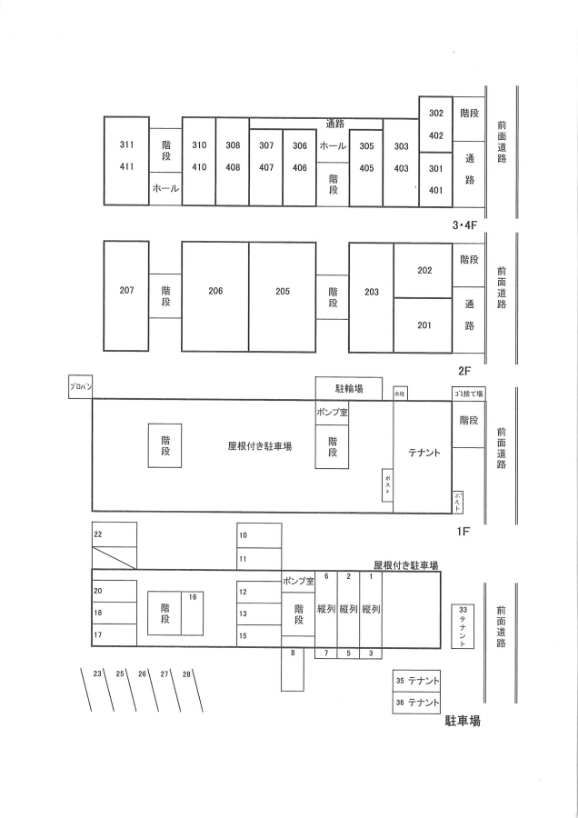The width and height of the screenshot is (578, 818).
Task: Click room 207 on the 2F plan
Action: (x=126, y=291)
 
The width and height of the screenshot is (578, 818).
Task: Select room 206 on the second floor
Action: (x=215, y=292)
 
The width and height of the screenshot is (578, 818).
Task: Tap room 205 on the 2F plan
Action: (x=283, y=292)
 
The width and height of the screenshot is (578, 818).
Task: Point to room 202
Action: (x=424, y=271)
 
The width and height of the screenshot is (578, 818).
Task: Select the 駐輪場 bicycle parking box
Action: (x=349, y=388)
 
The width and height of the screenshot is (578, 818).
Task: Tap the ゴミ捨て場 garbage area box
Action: (x=469, y=394)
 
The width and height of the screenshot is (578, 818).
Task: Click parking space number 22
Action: (x=98, y=535)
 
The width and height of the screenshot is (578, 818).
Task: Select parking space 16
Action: (x=193, y=597)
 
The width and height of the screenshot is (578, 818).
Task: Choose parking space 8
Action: (x=293, y=653)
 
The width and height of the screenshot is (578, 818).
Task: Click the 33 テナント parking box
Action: (x=463, y=626)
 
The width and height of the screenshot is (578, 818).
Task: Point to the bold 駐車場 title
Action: (x=462, y=723)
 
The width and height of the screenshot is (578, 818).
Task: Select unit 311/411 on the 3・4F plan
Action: (x=126, y=155)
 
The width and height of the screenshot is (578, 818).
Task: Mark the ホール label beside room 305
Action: (x=333, y=145)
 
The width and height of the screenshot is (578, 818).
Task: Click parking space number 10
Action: (x=244, y=536)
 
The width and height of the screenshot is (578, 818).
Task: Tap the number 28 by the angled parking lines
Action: (x=187, y=673)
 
